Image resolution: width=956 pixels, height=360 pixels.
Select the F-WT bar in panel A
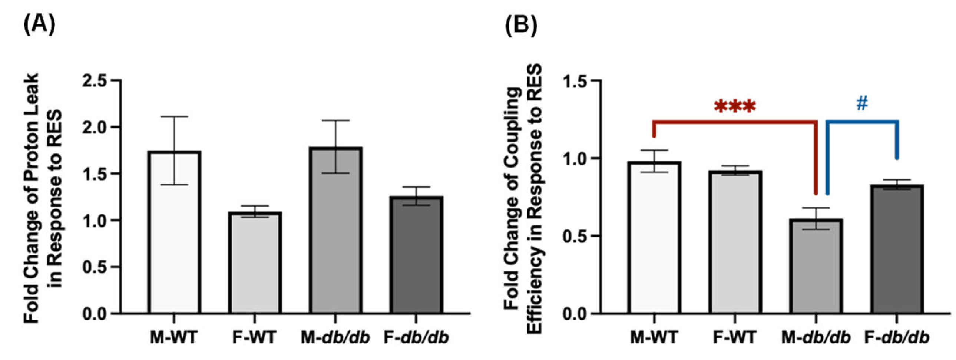[255, 264]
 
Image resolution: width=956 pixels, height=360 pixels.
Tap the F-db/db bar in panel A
[416, 256]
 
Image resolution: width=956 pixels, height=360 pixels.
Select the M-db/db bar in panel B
[816, 267]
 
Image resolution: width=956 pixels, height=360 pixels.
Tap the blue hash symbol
[862, 104]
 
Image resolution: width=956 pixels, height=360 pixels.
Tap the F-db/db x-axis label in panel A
[416, 338]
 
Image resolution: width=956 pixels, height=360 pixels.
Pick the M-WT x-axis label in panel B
[654, 338]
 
